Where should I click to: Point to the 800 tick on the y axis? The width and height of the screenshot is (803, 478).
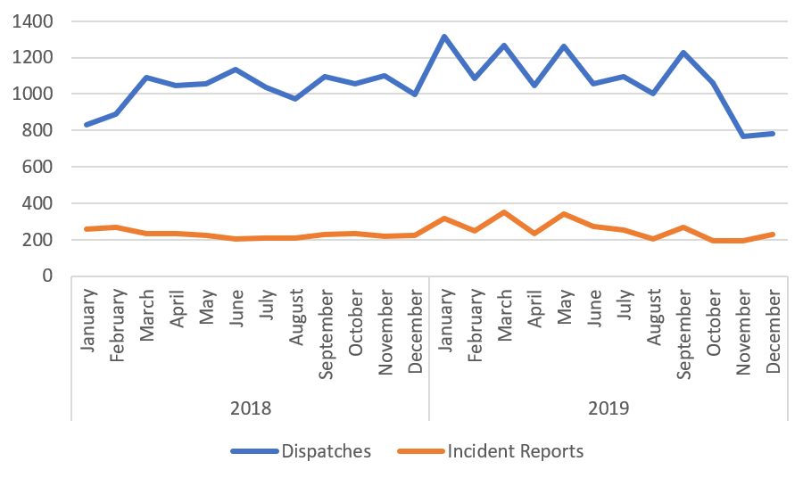pos(40,130)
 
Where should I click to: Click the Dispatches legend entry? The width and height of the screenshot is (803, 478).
pos(302,451)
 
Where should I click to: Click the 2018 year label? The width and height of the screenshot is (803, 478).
pos(250,408)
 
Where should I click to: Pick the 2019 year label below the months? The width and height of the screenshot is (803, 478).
pos(608,408)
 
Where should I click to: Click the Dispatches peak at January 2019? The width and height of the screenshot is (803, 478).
pos(444,37)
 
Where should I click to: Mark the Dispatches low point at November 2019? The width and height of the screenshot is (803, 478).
pos(743,136)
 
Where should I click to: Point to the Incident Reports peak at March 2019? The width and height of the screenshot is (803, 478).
pos(504,212)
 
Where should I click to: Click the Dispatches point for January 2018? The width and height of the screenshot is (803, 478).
pos(87,125)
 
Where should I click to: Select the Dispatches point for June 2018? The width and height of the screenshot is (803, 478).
pos(236,70)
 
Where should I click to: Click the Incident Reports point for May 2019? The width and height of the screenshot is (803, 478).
pos(564,214)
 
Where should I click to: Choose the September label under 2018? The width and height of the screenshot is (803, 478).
pos(326,324)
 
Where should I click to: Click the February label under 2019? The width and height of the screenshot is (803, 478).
pos(475,320)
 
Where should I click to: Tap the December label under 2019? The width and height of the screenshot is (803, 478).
pos(773,322)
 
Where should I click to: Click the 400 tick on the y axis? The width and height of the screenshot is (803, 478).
pos(40,203)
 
